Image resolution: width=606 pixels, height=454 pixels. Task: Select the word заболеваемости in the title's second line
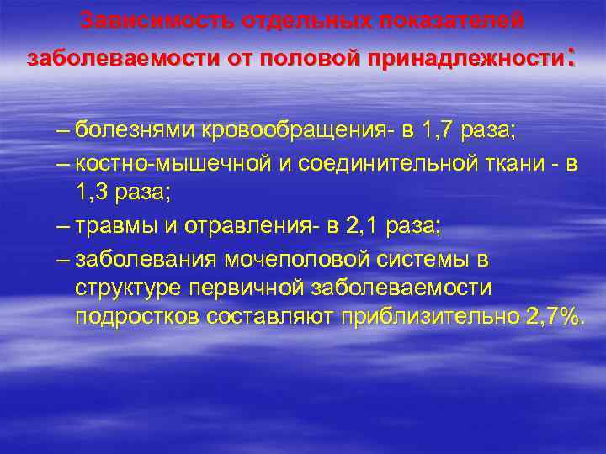pos(118,59)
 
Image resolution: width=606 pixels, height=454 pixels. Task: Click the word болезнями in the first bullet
pos(134,130)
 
